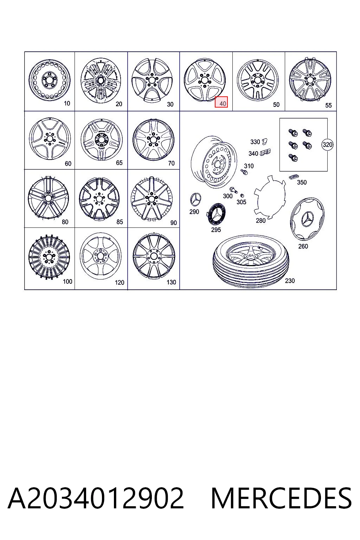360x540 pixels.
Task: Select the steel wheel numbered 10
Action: pos(50,80)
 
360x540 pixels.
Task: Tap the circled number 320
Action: pos(327,144)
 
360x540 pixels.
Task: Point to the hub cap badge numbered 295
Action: pos(216,214)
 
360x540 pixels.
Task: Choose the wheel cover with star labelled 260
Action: pos(307,219)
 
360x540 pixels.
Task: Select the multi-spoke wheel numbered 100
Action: pos(49,257)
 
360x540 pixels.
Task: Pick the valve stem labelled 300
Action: pos(233,190)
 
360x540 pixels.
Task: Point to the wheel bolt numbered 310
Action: pos(244,172)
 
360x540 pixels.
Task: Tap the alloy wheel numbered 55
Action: pos(310,79)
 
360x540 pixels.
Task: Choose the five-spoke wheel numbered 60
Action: pos(50,139)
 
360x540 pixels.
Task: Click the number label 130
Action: pos(171,282)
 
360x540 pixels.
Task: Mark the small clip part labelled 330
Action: pos(265,141)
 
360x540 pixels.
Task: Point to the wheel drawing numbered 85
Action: pos(99,199)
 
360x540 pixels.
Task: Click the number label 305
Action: pos(242,202)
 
